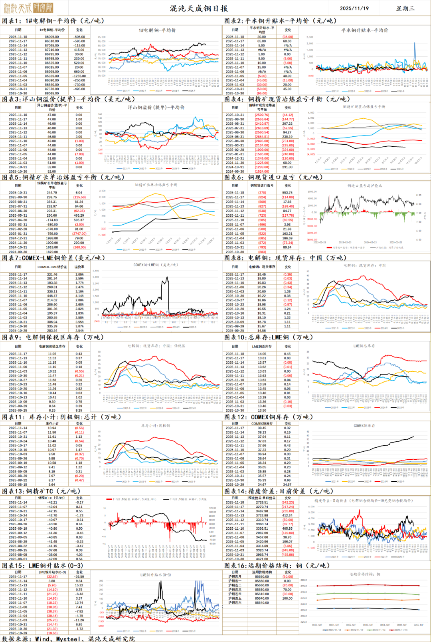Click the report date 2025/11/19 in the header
[x=354, y=8]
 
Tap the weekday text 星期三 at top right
[x=405, y=8]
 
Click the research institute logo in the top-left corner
[x=28, y=8]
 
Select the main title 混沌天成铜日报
[x=199, y=8]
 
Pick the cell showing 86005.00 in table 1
[x=52, y=37]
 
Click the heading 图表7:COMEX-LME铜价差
[x=53, y=258]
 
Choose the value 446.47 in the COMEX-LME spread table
[x=52, y=296]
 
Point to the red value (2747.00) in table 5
[x=79, y=233]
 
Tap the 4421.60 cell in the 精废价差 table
[x=262, y=559]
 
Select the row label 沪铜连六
[x=235, y=602]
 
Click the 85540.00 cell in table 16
[x=262, y=602]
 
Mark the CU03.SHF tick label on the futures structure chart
[x=368, y=625]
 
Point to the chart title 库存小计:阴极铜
[x=155, y=425]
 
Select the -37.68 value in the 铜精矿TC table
[x=52, y=550]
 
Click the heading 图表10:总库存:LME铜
[x=269, y=337]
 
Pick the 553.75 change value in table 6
[x=287, y=193]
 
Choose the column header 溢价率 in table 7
[x=79, y=267]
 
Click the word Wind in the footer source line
[x=42, y=639]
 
